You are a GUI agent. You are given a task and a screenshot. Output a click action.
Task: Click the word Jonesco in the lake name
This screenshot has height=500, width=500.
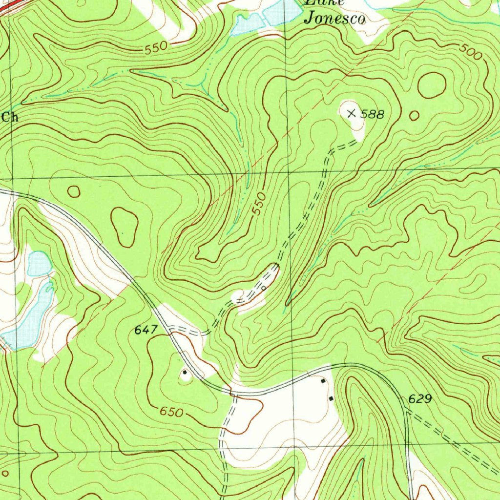[334, 20]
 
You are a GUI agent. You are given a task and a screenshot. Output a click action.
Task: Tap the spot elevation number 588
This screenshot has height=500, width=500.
[374, 115]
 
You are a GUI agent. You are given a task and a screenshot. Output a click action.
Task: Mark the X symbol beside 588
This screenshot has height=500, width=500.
[351, 114]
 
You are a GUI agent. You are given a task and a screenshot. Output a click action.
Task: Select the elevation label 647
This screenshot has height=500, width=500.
[146, 331]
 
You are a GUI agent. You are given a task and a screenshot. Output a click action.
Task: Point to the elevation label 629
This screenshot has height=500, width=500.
[419, 399]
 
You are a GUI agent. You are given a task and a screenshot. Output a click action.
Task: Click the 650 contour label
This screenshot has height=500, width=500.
[171, 412]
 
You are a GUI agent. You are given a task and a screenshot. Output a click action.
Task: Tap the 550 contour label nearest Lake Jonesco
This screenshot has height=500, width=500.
[156, 47]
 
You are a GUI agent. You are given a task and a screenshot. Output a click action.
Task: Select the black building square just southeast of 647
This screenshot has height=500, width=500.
[185, 372]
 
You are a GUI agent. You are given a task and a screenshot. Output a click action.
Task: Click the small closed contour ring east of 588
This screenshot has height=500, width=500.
[414, 115]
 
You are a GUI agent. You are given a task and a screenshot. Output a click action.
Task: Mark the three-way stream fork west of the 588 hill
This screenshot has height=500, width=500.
[200, 87]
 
